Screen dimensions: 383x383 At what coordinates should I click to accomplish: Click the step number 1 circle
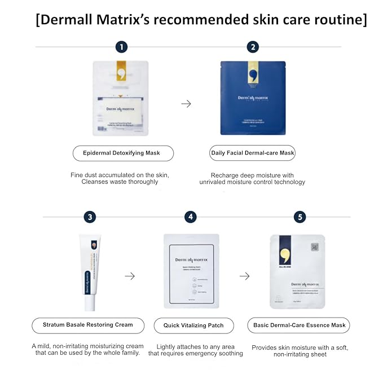(121, 47)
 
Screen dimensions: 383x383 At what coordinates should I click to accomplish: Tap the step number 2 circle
(253, 47)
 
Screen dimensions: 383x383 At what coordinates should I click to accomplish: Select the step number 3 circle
(90, 217)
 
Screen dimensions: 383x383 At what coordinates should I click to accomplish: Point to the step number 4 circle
(191, 217)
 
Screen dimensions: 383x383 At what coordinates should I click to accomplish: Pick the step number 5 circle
(300, 217)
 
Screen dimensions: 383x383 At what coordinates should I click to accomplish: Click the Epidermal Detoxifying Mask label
(123, 153)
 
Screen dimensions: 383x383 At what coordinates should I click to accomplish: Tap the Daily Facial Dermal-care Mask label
(253, 153)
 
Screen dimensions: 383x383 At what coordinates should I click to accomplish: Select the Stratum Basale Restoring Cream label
(88, 325)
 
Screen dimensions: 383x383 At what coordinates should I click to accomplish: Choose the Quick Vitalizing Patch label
(193, 325)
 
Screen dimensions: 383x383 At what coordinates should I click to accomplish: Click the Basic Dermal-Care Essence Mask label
(298, 325)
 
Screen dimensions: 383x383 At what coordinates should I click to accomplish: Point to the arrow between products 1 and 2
(186, 104)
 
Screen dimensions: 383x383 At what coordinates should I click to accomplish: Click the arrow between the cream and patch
(130, 276)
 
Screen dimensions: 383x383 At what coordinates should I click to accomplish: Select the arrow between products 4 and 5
(244, 276)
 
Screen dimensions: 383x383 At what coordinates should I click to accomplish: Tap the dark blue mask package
(253, 98)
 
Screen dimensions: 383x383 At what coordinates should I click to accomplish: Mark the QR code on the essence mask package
(314, 247)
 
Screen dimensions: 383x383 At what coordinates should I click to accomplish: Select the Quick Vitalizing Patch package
(191, 271)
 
